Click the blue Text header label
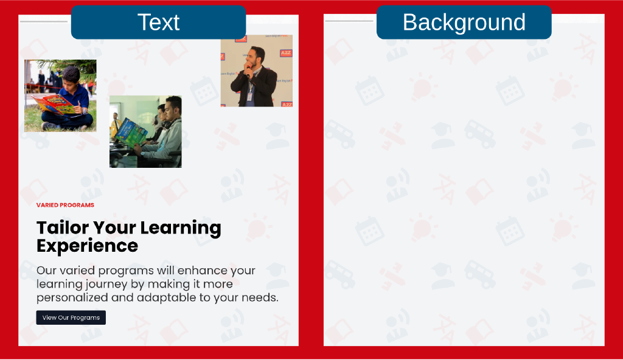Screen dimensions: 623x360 click(159, 22)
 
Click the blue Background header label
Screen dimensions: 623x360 click(464, 22)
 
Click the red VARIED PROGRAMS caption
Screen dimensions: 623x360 click(65, 205)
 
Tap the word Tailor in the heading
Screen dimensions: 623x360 click(63, 227)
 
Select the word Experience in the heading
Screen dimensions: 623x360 click(88, 246)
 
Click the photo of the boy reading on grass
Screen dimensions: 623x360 click(60, 95)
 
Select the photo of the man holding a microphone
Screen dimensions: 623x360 click(257, 71)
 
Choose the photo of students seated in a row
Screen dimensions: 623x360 click(145, 131)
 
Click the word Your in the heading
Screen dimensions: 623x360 click(114, 227)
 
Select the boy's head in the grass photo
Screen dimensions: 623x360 click(72, 75)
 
